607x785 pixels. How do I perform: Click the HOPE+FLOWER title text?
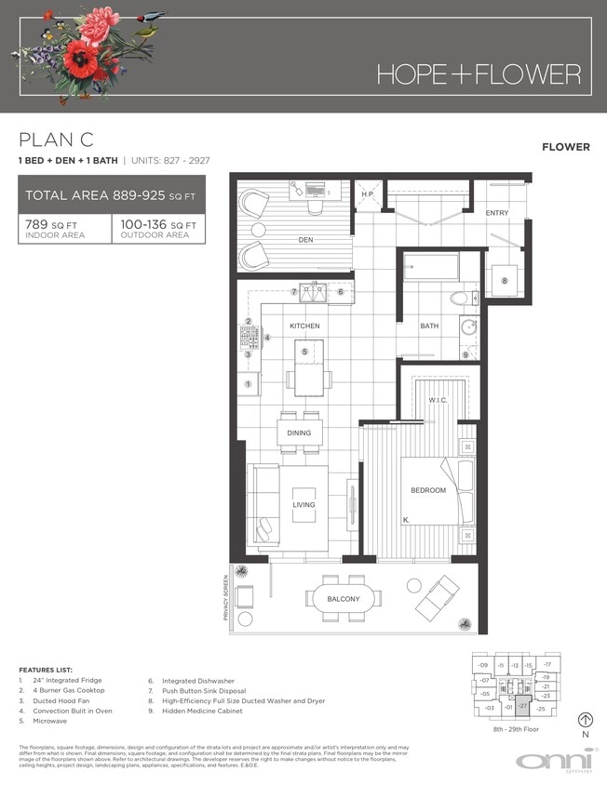click(479, 74)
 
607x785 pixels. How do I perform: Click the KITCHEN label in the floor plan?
click(304, 326)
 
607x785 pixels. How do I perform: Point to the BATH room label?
click(429, 326)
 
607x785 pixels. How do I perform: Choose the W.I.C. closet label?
click(438, 401)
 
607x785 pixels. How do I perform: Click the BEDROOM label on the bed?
click(428, 490)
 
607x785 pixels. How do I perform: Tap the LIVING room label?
click(303, 505)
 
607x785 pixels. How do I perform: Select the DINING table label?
click(299, 433)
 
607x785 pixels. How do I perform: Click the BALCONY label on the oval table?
click(343, 599)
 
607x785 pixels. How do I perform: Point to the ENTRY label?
click(497, 213)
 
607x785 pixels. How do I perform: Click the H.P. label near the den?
click(368, 195)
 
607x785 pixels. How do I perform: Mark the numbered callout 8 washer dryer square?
click(505, 280)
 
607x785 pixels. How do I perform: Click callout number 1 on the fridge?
click(248, 383)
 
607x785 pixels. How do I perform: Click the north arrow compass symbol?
click(585, 719)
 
